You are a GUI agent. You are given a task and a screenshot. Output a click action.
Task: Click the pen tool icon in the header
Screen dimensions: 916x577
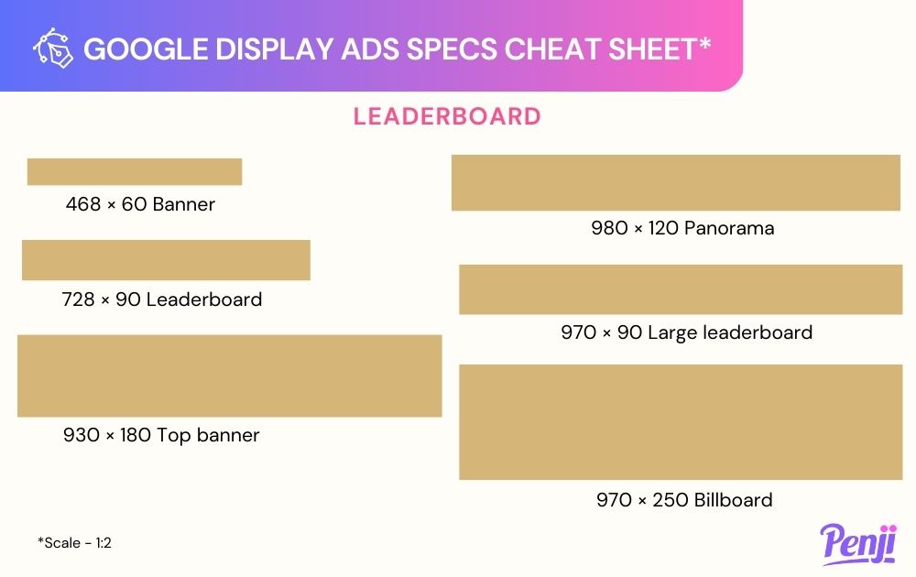click(x=52, y=48)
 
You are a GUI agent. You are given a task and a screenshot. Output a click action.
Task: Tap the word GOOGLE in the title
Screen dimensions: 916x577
click(x=146, y=49)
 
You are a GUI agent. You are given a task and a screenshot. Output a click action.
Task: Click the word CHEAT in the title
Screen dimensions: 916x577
click(x=552, y=49)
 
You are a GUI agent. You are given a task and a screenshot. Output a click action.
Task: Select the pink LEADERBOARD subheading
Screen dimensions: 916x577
click(x=447, y=116)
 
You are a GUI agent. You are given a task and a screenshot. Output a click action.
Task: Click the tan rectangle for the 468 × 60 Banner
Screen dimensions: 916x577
click(x=135, y=171)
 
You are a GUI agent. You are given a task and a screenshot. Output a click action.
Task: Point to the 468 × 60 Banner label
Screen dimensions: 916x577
click(x=140, y=204)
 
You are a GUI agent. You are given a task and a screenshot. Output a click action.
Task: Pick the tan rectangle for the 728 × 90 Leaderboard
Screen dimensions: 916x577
click(x=166, y=260)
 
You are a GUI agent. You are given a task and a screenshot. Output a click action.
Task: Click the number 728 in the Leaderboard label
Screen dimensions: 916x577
click(x=78, y=299)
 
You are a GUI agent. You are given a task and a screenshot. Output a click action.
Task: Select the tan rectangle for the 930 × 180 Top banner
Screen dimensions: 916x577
click(x=230, y=376)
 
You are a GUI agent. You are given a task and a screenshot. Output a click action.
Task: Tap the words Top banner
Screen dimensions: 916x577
click(x=208, y=435)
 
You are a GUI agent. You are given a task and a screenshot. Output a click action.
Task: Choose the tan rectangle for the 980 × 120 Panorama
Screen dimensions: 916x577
click(x=676, y=183)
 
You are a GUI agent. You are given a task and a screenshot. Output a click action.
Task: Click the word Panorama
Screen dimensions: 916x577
click(x=729, y=228)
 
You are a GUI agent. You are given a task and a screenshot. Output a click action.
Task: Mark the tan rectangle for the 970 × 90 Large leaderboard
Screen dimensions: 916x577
click(x=681, y=289)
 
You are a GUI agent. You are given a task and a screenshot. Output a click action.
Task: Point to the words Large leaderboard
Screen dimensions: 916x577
click(x=730, y=332)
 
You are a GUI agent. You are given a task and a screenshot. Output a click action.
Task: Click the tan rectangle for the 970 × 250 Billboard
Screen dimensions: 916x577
click(x=681, y=422)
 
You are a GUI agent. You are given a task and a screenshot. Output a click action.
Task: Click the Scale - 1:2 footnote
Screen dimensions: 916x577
click(x=74, y=542)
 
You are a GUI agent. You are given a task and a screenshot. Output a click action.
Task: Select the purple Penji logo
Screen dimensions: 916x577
click(x=858, y=544)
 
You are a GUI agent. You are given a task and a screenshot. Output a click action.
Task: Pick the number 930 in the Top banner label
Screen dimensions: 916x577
click(x=82, y=435)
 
